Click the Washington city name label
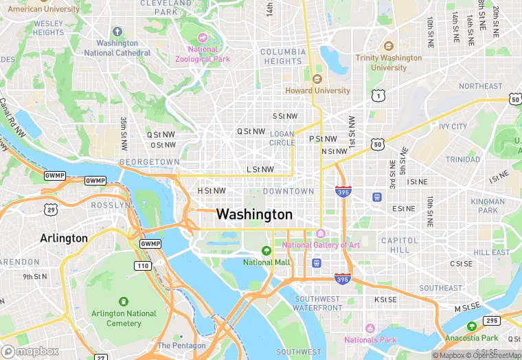254,214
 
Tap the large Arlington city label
64,238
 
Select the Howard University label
317,90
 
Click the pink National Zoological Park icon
203,36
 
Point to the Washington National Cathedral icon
117,32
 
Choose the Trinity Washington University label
389,63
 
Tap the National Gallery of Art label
321,245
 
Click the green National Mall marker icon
266,250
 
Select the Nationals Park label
370,339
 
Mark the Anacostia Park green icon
471,326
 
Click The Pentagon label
181,346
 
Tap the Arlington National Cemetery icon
124,302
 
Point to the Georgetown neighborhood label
149,162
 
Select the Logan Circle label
282,138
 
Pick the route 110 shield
143,265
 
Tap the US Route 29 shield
51,208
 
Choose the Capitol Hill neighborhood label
400,245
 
